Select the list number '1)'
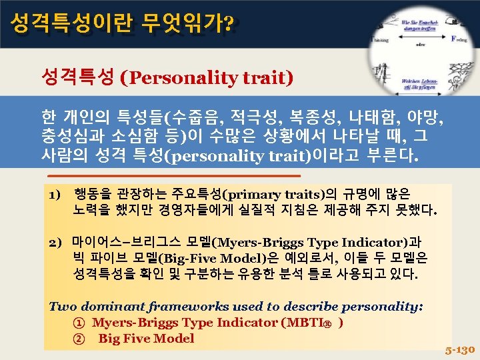click(55, 195)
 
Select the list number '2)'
click(55, 242)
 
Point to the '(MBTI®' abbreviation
click(311, 323)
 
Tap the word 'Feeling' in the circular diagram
click(460, 39)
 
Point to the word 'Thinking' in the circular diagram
click(382, 39)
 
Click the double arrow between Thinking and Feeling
click(421, 39)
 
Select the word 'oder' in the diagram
click(419, 47)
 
